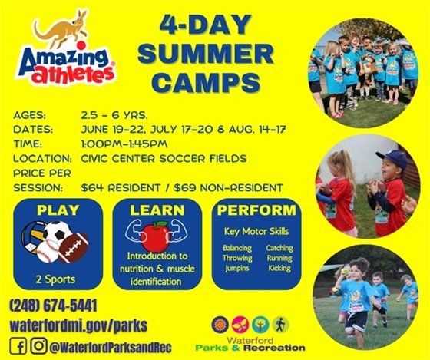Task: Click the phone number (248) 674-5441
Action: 54,306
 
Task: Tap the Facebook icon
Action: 18,345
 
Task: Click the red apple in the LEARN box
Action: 154,236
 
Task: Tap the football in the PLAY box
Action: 73,247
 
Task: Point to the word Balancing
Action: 237,248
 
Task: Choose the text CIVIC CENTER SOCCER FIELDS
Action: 164,158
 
